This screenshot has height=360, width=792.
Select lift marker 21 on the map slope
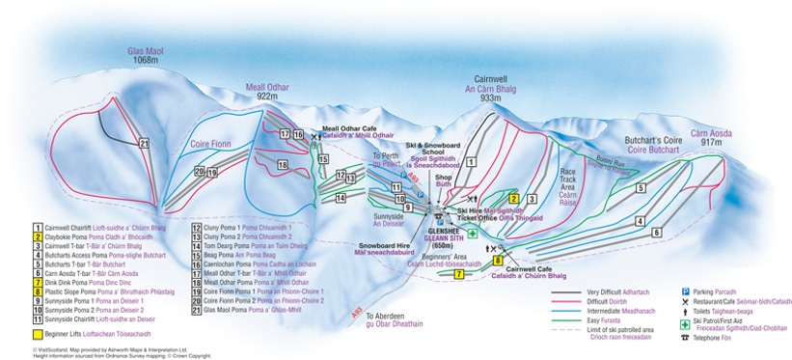click(145, 144)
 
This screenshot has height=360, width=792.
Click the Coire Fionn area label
click(211, 145)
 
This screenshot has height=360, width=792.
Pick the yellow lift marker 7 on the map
click(459, 274)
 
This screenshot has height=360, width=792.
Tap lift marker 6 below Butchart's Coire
click(656, 233)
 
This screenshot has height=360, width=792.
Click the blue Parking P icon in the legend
click(684, 291)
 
